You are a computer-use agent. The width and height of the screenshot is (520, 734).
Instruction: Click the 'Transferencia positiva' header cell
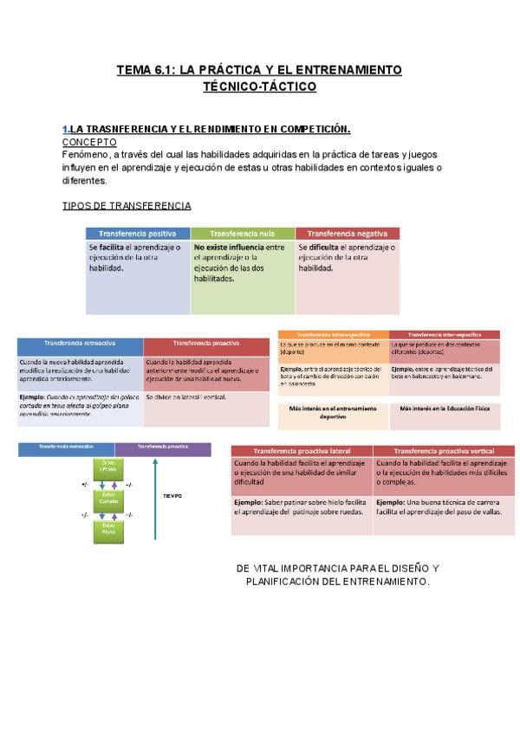tap(138, 234)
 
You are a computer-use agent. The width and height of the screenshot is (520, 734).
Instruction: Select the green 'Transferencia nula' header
tap(243, 234)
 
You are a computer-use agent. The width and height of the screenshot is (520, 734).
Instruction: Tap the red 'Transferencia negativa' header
tap(347, 234)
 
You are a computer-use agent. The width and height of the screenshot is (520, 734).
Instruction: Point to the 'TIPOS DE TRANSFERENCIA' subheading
tap(127, 205)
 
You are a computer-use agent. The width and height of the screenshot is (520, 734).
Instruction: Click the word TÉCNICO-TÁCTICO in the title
tap(259, 87)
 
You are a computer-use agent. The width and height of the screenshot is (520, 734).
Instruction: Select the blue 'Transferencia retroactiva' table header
tap(80, 344)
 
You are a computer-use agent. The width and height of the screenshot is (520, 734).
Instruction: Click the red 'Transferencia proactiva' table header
tap(206, 344)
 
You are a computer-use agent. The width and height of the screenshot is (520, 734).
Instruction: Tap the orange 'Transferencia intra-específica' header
tap(334, 334)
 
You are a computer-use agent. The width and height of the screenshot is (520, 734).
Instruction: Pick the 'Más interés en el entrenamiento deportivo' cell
tap(334, 411)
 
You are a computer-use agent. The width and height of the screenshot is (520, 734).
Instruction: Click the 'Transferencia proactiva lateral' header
tap(302, 451)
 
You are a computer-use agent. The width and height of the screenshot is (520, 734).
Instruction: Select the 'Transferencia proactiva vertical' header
tap(445, 451)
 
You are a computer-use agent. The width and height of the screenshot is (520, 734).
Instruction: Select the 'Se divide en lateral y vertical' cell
tap(206, 397)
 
